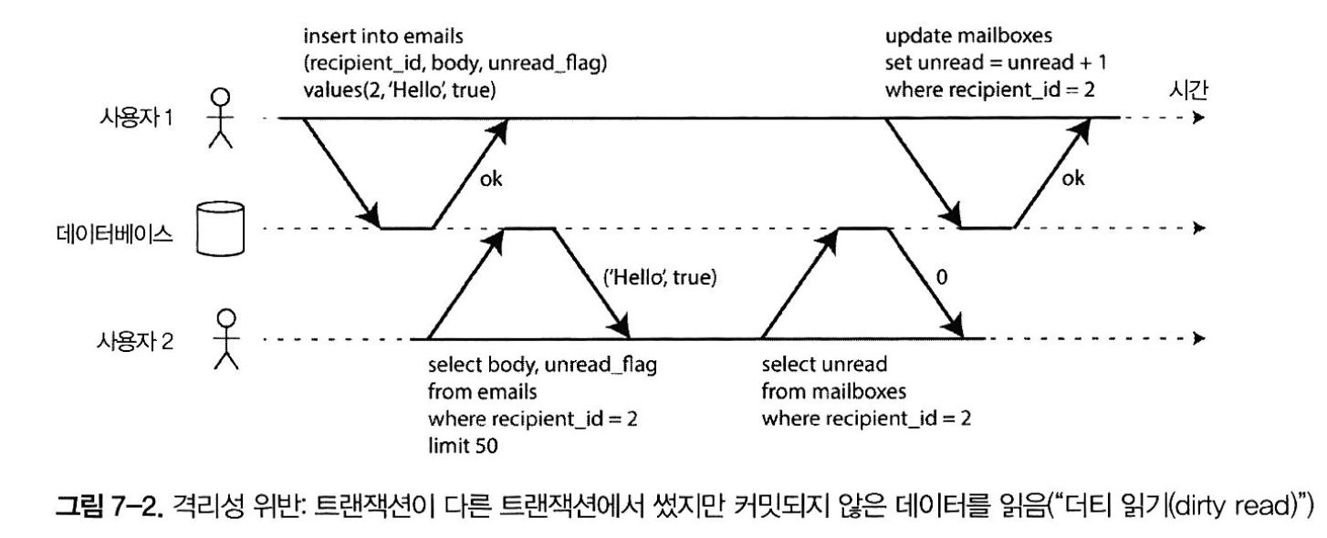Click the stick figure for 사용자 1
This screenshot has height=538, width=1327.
click(221, 119)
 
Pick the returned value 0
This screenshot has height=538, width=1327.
click(943, 279)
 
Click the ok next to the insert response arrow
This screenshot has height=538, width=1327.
click(491, 179)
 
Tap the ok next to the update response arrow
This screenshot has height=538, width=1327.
click(1074, 179)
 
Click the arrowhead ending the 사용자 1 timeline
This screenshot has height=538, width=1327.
click(1198, 119)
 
